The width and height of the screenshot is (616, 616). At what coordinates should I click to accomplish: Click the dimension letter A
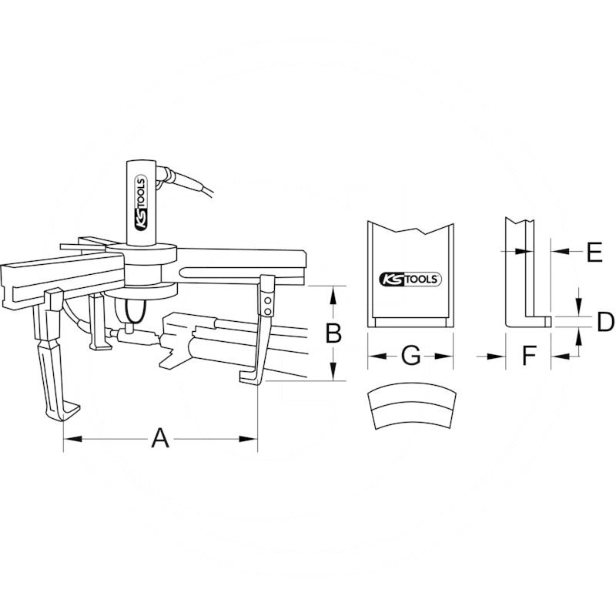[160, 438]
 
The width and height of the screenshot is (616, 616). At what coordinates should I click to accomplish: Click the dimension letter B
[333, 333]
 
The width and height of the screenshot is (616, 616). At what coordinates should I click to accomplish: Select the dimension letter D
[605, 322]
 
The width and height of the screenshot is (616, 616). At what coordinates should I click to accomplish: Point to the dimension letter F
[529, 355]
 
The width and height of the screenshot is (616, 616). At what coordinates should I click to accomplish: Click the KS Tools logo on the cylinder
[141, 203]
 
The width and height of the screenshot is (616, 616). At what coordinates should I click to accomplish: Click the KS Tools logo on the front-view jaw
[410, 280]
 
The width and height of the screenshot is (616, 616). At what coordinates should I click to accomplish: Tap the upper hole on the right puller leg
[267, 301]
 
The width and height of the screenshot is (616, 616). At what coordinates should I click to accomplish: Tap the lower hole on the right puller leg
[267, 311]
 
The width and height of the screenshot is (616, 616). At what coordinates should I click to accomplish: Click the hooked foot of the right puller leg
[249, 378]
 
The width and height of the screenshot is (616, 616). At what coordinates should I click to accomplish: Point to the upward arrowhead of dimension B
[333, 295]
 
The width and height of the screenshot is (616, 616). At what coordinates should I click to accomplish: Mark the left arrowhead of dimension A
[72, 438]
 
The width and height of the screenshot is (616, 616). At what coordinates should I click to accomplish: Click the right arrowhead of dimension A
[249, 438]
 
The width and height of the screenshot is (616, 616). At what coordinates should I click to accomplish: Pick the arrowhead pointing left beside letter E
[560, 250]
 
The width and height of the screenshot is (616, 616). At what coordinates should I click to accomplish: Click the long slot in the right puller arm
[242, 272]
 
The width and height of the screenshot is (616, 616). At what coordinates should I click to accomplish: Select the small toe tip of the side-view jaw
[548, 321]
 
